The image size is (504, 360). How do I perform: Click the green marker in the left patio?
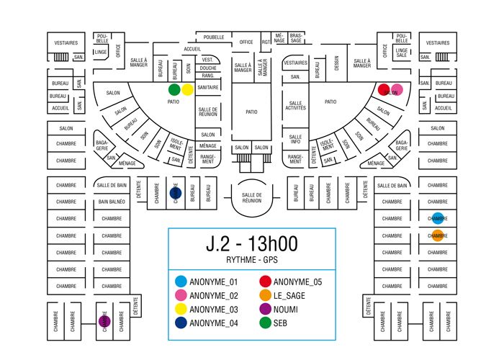(x=174, y=90)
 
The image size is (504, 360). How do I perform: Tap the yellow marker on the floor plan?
(x=187, y=90)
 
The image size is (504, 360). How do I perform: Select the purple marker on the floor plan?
(x=104, y=320)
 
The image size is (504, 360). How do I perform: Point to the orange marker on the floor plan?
(x=438, y=235)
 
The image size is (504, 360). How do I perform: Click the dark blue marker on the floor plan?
(x=174, y=193)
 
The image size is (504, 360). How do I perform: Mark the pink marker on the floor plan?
(x=396, y=89)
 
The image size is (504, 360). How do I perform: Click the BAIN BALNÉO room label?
(x=112, y=202)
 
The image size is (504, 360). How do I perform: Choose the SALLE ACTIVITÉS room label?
(x=296, y=106)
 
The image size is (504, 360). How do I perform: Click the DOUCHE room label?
(x=207, y=68)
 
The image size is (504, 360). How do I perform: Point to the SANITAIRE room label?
(x=207, y=87)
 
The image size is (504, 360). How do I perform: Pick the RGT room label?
(x=266, y=42)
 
